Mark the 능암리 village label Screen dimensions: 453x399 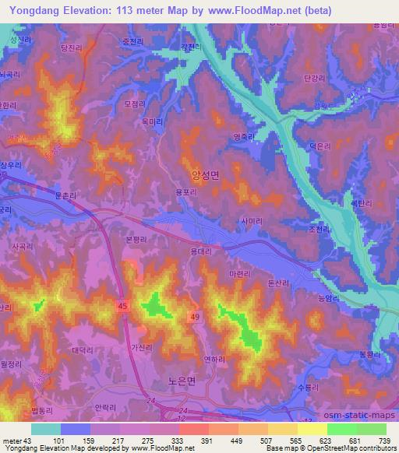click(x=310, y=297)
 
